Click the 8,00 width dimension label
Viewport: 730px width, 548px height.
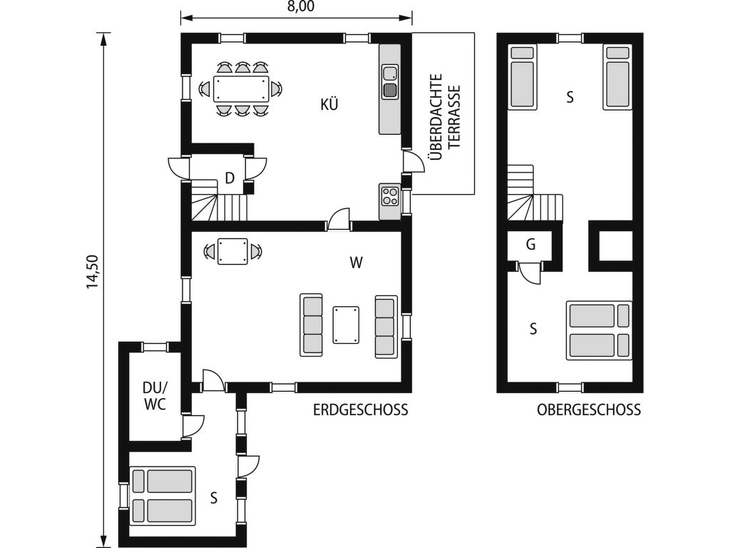(301, 6)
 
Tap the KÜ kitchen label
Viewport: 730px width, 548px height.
(329, 104)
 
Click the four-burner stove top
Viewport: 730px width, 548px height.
(390, 196)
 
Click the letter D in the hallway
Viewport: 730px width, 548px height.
(229, 178)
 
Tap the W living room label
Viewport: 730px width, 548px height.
(356, 263)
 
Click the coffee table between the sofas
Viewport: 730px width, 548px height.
(346, 325)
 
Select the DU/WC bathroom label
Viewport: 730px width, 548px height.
(155, 395)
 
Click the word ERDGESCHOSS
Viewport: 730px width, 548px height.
(360, 410)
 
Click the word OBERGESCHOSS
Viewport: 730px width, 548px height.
(589, 410)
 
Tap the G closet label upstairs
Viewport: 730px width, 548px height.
(530, 244)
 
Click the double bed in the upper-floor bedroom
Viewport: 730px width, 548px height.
(599, 330)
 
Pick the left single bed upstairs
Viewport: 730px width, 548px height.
(522, 77)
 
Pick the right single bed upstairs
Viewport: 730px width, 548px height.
(618, 77)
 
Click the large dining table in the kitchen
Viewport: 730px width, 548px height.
(241, 88)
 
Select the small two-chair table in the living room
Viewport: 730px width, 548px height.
(232, 251)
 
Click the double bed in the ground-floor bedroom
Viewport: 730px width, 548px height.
(163, 495)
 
